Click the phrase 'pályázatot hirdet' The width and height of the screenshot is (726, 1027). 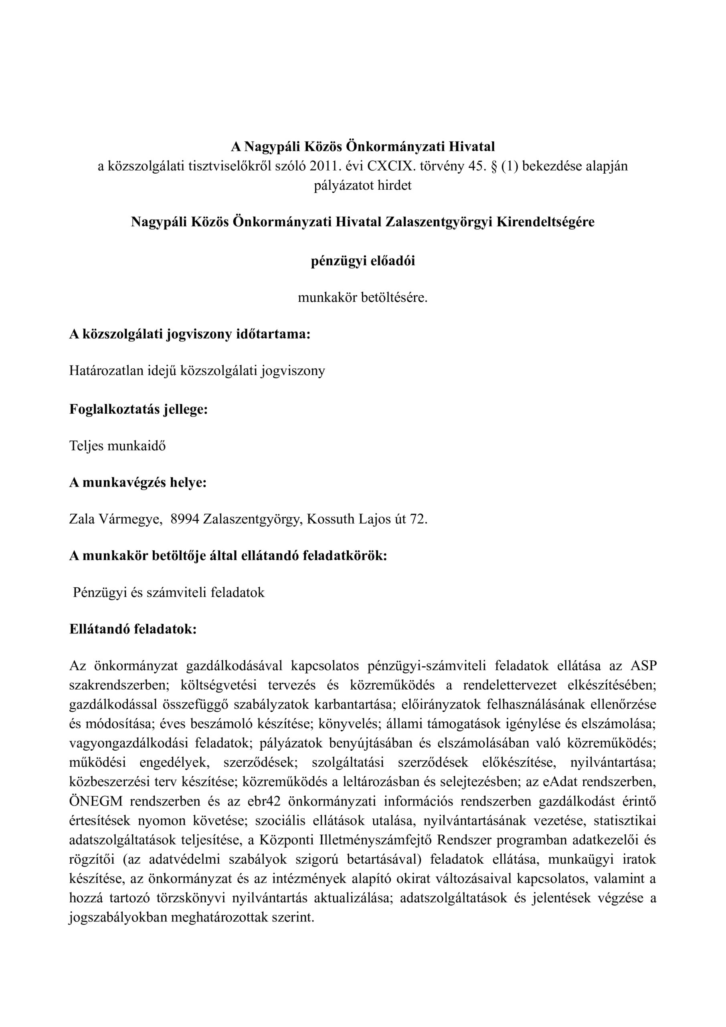[362, 186]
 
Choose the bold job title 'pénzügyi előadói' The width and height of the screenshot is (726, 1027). [362, 261]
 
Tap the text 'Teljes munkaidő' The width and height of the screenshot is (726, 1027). [117, 446]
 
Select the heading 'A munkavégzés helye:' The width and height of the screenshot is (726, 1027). [138, 483]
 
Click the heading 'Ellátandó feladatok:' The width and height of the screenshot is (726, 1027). [133, 629]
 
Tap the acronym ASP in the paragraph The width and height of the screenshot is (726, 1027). [643, 666]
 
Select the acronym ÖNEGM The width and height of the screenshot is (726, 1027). [92, 801]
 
